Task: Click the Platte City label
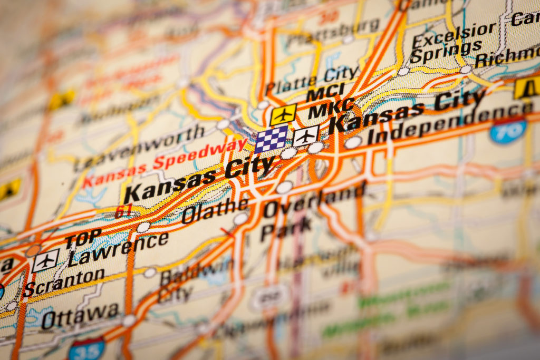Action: (312, 79)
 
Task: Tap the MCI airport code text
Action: (325, 93)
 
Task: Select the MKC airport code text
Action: (331, 109)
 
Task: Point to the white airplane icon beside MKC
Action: (306, 136)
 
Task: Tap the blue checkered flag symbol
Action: (272, 138)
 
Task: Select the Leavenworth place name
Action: (139, 147)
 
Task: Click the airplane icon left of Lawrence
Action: (45, 260)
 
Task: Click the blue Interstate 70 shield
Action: (508, 130)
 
